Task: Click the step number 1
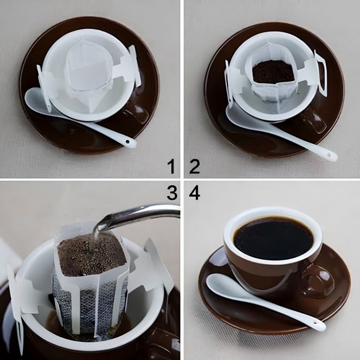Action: (171, 167)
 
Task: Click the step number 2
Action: (194, 167)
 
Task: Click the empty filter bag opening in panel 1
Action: (88, 67)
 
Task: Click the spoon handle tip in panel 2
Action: (332, 157)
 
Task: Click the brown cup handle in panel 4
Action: (319, 281)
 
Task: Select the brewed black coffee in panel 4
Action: (273, 238)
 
